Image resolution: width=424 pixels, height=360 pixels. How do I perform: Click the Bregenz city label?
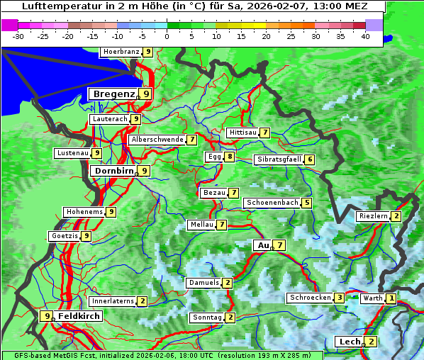click(113, 94)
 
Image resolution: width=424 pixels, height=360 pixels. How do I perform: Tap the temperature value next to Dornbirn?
click(145, 171)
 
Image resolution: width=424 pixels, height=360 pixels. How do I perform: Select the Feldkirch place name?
click(79, 316)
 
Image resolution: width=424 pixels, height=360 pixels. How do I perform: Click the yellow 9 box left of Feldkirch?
click(47, 316)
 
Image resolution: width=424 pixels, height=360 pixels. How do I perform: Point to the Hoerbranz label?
click(120, 52)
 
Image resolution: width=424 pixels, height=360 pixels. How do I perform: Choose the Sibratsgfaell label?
click(279, 159)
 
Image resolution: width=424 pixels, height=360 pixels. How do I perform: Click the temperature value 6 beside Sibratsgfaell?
click(310, 159)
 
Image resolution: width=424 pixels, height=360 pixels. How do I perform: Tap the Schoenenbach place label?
click(272, 203)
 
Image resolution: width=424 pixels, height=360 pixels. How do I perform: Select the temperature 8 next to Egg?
click(230, 157)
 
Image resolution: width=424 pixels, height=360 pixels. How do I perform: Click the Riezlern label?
click(373, 215)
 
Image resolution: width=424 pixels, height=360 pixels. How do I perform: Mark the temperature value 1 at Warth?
click(391, 298)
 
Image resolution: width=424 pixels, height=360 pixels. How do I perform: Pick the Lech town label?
click(350, 342)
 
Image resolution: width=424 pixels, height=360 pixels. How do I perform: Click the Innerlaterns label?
click(113, 301)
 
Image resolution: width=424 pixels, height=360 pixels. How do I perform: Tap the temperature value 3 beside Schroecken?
click(340, 298)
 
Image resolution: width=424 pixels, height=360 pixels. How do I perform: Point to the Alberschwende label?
click(157, 140)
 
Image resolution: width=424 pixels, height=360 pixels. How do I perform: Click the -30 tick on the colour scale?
click(18, 36)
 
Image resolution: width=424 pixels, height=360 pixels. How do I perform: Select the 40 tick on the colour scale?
click(365, 36)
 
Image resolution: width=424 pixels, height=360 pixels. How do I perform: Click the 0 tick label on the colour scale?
click(167, 36)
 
